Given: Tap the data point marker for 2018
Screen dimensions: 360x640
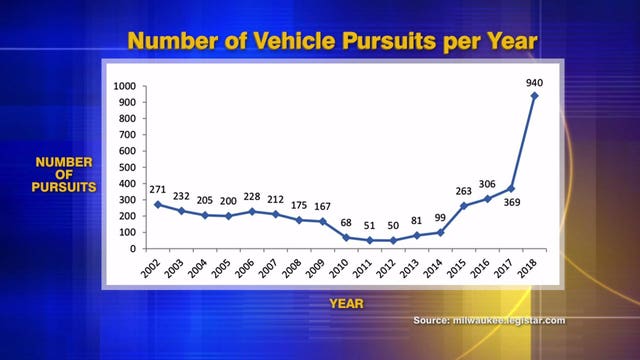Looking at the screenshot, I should point(535,96).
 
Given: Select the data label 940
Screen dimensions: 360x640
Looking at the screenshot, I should point(534,80).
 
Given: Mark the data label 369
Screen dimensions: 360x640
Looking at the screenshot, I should point(513,204).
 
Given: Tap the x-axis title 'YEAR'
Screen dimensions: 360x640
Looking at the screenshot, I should point(349,300).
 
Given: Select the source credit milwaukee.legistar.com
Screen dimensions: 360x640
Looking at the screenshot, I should point(489,320).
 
